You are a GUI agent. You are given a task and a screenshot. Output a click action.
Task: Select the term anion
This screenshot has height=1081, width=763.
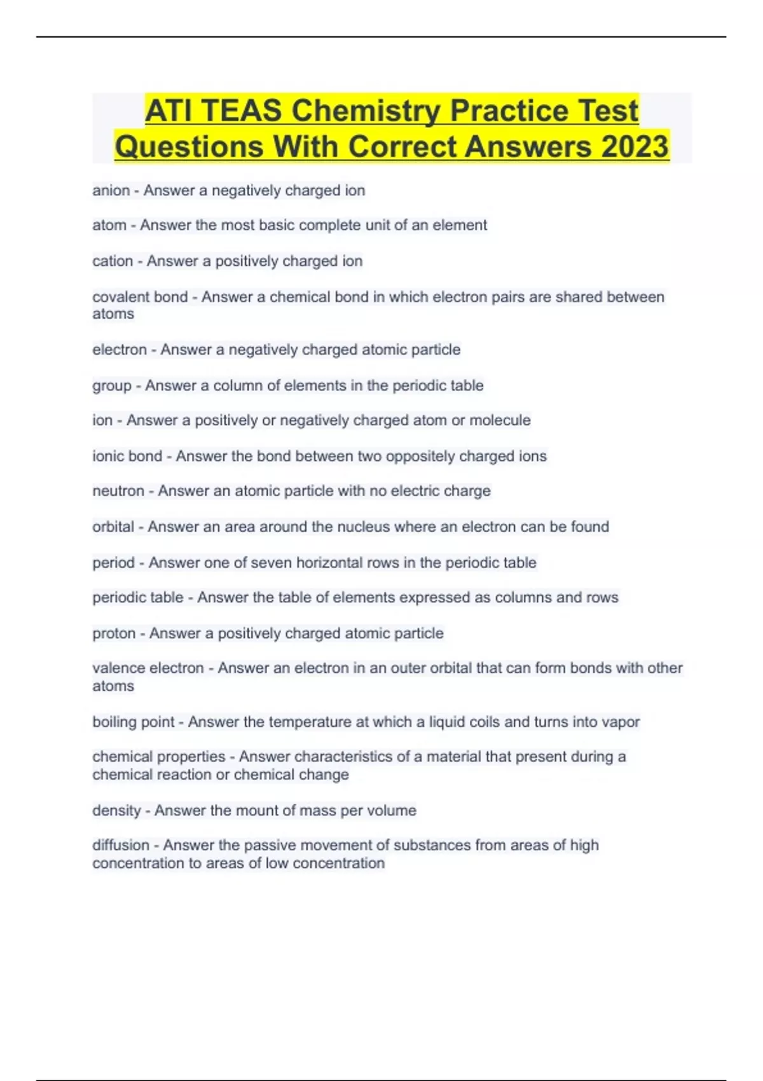(111, 191)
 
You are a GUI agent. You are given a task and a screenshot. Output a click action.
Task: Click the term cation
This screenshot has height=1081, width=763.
(113, 261)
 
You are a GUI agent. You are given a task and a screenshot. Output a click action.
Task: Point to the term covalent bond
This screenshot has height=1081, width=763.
(140, 297)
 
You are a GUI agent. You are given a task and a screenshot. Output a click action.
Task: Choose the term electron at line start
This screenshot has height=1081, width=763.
(120, 350)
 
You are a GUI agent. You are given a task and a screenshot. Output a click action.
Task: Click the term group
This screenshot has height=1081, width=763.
(112, 386)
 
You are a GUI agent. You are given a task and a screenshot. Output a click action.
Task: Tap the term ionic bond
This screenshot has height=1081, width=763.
(127, 457)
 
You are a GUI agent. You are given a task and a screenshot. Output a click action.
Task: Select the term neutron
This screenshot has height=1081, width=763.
(118, 492)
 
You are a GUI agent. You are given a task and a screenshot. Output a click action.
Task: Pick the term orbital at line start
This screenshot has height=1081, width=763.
(113, 527)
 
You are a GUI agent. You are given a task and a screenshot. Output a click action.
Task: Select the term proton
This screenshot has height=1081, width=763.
(114, 633)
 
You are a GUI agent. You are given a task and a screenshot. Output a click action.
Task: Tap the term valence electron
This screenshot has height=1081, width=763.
(148, 668)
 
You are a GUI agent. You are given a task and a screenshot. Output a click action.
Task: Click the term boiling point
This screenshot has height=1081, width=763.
(133, 722)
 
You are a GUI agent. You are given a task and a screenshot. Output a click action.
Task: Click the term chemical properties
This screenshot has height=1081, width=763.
(158, 757)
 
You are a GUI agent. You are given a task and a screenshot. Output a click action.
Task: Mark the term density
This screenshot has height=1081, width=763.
(116, 811)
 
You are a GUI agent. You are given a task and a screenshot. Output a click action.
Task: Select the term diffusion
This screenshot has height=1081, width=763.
(121, 846)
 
